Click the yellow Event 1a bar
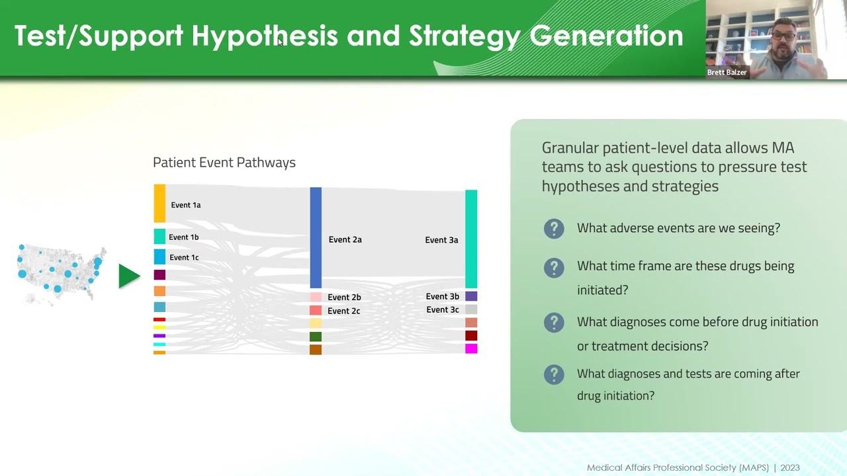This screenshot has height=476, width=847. tap(159, 204)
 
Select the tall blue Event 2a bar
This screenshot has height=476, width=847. tap(316, 238)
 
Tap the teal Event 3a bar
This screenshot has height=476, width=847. tap(471, 239)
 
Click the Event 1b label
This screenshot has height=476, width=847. tap(183, 237)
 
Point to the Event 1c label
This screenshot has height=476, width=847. tap(184, 258)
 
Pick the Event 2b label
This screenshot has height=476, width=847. tap(344, 297)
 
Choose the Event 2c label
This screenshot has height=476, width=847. tap(343, 311)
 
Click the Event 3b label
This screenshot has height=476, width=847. tap(442, 297)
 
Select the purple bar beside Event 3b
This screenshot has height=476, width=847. tap(471, 296)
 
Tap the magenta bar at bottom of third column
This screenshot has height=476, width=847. tap(471, 348)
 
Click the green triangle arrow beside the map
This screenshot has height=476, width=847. tap(128, 276)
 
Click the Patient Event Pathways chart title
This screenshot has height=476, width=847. tap(224, 163)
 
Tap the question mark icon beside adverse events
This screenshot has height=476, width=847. tap(554, 229)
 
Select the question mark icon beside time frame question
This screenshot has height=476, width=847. tap(554, 268)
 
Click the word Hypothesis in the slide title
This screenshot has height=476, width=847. tap(265, 36)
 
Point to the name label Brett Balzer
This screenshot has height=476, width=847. tap(727, 73)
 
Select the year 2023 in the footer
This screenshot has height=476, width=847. tap(789, 468)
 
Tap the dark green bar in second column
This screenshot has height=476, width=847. tap(316, 337)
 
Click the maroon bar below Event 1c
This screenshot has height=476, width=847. tap(159, 275)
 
